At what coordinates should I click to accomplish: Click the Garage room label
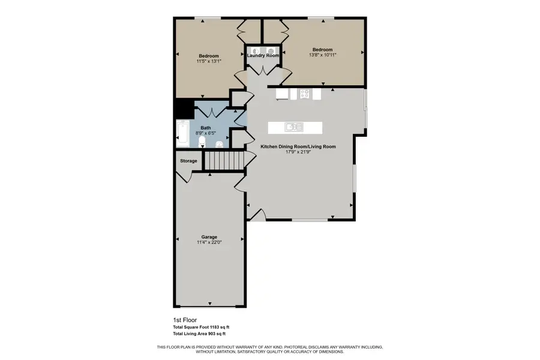pyautogui.click(x=209, y=237)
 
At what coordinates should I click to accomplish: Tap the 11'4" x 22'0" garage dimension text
pyautogui.click(x=209, y=242)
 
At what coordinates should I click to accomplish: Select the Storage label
pyautogui.click(x=188, y=161)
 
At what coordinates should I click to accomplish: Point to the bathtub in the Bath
pyautogui.click(x=182, y=133)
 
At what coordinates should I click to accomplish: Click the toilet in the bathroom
pyautogui.click(x=202, y=142)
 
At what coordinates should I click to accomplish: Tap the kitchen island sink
pyautogui.click(x=294, y=127)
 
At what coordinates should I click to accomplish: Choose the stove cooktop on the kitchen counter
pyautogui.click(x=304, y=94)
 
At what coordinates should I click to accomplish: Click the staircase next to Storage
pyautogui.click(x=223, y=160)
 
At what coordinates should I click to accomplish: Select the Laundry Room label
pyautogui.click(x=263, y=56)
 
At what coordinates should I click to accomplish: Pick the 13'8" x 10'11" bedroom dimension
pyautogui.click(x=322, y=55)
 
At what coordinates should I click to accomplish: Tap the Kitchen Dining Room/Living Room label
pyautogui.click(x=298, y=146)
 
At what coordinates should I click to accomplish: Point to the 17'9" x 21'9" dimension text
pyautogui.click(x=298, y=152)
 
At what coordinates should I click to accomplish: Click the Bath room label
pyautogui.click(x=205, y=127)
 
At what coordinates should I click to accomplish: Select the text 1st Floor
pyautogui.click(x=185, y=320)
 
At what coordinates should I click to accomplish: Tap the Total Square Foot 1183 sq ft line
pyautogui.click(x=201, y=327)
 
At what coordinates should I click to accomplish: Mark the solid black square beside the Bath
pyautogui.click(x=183, y=109)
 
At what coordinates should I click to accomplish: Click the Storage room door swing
pyautogui.click(x=185, y=176)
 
